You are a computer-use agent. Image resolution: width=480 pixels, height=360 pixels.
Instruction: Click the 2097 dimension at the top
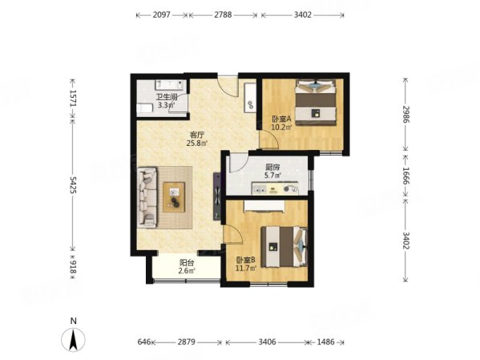(161, 14)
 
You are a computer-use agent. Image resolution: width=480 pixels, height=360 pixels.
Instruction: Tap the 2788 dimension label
(223, 14)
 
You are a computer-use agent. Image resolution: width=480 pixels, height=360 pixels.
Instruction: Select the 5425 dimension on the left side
(73, 184)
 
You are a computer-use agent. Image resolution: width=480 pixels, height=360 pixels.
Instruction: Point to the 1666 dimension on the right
(406, 176)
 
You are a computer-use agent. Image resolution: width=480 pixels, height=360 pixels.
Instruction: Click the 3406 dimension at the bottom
(267, 342)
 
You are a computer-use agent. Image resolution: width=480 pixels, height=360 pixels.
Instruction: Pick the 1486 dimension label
(325, 342)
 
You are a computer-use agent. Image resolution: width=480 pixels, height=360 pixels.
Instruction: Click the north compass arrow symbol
(73, 339)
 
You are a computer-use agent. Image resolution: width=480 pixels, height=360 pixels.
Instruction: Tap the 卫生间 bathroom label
(167, 98)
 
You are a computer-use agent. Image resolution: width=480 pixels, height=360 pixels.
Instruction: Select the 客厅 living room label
(197, 135)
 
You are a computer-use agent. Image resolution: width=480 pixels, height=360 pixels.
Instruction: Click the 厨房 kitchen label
(272, 168)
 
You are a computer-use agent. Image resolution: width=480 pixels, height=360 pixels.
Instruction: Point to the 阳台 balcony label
(187, 262)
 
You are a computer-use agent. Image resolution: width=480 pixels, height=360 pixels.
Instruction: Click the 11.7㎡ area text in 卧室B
(245, 269)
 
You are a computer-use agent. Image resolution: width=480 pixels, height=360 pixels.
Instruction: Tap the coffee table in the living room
(174, 197)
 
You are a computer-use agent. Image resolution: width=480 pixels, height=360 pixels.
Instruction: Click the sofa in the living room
(147, 197)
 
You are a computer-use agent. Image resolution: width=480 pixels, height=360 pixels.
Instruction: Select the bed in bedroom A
(315, 103)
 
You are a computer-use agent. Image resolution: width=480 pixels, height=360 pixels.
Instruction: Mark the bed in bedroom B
(284, 247)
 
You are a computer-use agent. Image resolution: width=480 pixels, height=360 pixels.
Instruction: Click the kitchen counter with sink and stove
(275, 188)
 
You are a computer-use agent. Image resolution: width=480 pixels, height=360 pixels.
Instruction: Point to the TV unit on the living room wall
(217, 196)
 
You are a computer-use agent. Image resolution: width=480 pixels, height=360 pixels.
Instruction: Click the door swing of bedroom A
(269, 140)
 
